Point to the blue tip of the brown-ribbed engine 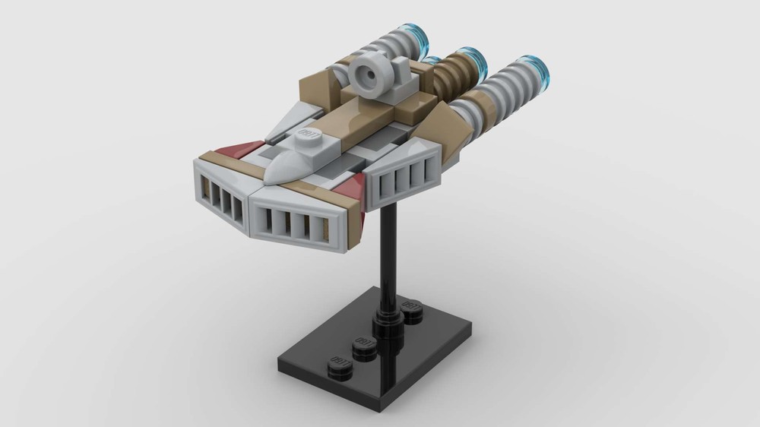(472, 59)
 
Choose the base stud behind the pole (411, 309)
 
